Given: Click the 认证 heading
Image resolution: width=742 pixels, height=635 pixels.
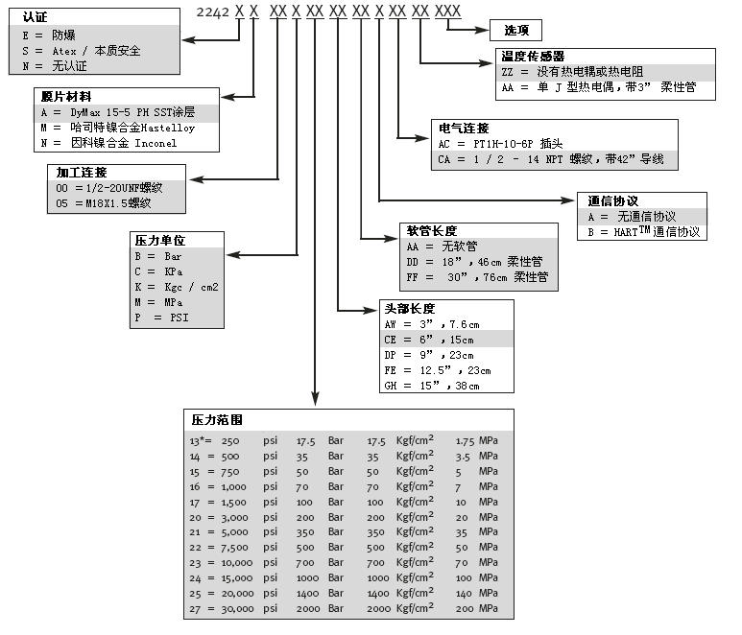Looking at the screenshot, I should click(x=35, y=17).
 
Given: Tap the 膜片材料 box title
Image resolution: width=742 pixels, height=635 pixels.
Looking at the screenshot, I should click(x=62, y=97).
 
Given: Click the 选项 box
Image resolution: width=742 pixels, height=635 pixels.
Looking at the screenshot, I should click(x=522, y=29).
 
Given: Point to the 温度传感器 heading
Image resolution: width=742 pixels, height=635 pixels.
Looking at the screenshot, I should click(x=533, y=57).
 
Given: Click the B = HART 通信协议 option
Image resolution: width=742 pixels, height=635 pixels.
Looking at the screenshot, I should click(x=643, y=232).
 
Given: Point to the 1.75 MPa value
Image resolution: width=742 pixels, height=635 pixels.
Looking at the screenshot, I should click(x=475, y=440).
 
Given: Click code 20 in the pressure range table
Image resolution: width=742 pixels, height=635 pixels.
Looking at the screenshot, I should click(x=197, y=516).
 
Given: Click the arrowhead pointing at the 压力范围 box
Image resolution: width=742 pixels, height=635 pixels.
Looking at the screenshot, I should click(x=316, y=402).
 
